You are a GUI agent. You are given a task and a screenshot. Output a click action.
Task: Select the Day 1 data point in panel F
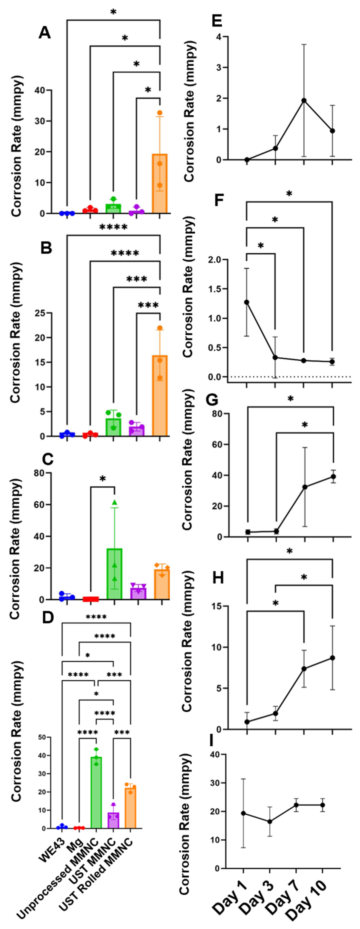pyautogui.click(x=247, y=302)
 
